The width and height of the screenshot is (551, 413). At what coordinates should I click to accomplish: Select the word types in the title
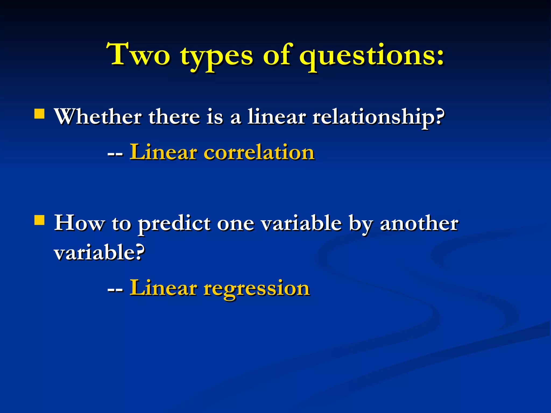click(x=217, y=56)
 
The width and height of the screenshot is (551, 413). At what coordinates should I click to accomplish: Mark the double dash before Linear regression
click(x=115, y=290)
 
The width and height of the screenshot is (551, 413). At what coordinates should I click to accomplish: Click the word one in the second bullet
click(x=235, y=224)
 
